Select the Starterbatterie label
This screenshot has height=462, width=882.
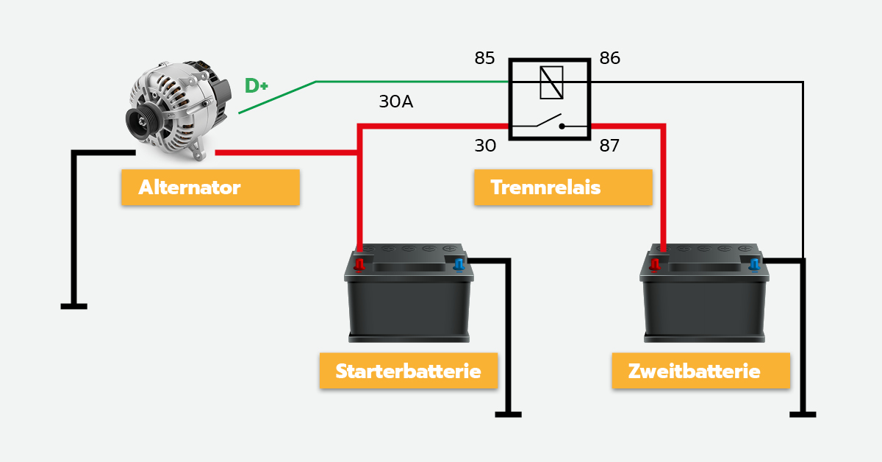point(408,371)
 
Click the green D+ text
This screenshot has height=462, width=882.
point(256,86)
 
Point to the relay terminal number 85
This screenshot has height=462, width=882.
point(484,58)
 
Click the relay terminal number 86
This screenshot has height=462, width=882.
point(610,58)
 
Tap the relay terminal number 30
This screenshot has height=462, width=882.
point(485,146)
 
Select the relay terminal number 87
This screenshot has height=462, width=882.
point(609,146)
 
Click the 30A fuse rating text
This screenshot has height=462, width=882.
point(395,102)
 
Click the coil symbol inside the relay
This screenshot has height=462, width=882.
point(551,82)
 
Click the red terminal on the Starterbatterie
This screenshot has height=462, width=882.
point(359,263)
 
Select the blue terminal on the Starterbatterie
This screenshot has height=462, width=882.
point(459,263)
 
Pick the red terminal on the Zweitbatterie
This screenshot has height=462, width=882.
point(655,263)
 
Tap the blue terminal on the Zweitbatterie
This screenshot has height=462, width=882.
point(753,263)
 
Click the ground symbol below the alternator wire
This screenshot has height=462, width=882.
point(73,305)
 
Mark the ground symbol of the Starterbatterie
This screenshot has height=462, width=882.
point(508,414)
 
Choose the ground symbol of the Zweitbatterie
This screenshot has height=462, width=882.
point(803,414)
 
